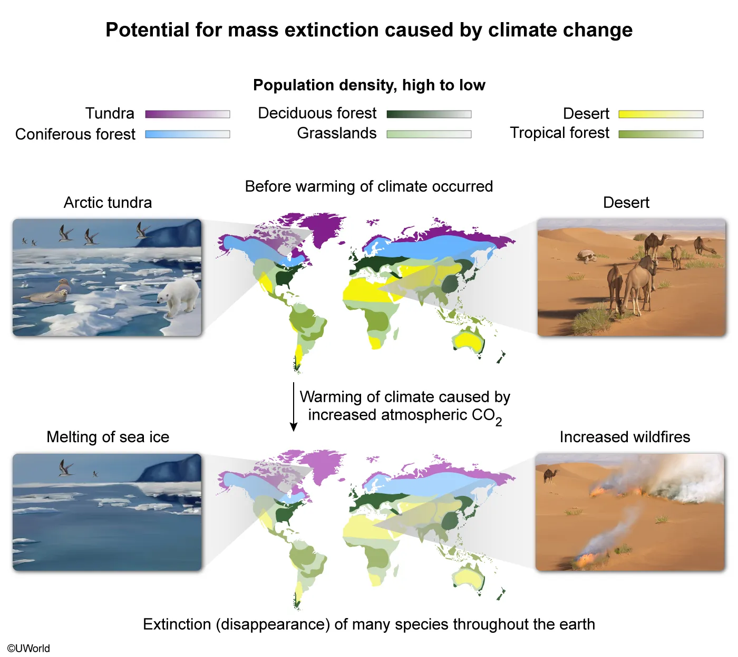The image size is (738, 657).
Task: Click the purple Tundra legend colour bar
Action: pos(187,114)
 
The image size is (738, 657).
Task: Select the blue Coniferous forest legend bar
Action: pos(187,134)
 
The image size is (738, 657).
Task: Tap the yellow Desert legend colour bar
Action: pos(661,114)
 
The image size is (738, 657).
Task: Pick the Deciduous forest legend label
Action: pos(317,113)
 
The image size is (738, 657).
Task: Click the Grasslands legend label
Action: pos(336,133)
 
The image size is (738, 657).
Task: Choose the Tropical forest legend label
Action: pos(559,133)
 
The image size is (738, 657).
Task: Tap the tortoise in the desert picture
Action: pos(587,256)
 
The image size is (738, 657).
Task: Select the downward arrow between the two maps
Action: pos(293,407)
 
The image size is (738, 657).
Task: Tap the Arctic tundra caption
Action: pos(108,203)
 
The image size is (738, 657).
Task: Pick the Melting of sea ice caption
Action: pos(108,437)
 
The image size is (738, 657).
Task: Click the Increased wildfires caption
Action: pos(625,437)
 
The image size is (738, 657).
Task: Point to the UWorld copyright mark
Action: pos(28,648)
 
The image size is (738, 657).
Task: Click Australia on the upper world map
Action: pos(468,341)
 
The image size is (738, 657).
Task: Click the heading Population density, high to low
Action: pos(369,85)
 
